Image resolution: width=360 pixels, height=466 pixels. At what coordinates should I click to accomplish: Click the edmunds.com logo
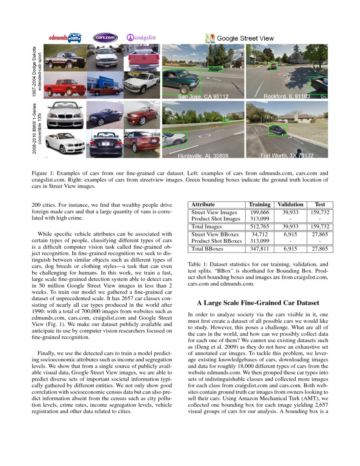[x=65, y=38]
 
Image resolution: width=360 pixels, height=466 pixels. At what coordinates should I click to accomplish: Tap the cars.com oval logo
[x=105, y=38]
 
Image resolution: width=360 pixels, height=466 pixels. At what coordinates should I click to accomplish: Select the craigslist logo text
[x=141, y=38]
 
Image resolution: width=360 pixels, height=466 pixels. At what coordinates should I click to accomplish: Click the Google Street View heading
[x=240, y=39]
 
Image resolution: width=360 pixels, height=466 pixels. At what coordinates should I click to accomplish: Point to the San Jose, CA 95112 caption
[x=203, y=97]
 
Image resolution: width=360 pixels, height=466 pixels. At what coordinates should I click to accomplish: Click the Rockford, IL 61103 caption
[x=287, y=97]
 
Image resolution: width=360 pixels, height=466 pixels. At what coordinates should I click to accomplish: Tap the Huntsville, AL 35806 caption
[x=203, y=156]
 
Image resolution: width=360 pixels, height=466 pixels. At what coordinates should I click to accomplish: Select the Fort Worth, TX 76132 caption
[x=287, y=156]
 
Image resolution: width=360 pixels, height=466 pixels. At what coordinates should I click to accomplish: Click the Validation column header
[x=290, y=204]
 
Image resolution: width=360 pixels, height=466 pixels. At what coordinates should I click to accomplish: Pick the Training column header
[x=260, y=204]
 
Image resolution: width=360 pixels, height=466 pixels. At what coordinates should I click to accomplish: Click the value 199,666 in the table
[x=260, y=212]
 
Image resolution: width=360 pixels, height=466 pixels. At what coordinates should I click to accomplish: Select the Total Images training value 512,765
[x=260, y=227]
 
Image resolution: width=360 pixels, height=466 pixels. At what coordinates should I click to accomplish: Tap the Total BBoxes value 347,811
[x=260, y=249]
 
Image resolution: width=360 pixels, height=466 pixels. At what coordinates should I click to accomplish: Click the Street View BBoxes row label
[x=215, y=234]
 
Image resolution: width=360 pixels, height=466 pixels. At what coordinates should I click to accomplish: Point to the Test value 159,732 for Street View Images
[x=320, y=212]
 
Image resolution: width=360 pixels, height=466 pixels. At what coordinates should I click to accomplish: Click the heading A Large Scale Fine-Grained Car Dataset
[x=258, y=303]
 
